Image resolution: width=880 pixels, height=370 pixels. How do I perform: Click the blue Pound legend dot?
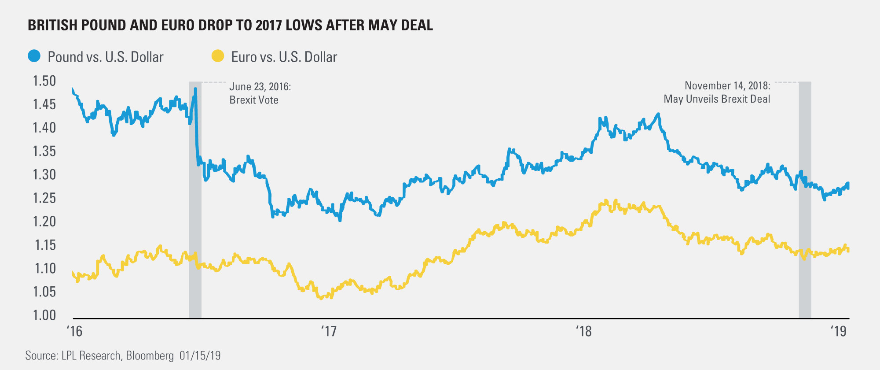click(34, 56)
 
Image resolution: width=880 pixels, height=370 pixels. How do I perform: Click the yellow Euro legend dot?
click(218, 56)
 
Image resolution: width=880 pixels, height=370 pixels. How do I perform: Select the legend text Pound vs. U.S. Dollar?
click(106, 57)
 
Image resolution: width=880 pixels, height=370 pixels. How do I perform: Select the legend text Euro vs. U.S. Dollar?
click(284, 57)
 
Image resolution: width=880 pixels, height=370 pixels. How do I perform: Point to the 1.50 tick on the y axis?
click(44, 81)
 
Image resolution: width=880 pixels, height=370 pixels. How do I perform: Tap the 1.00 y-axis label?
click(44, 315)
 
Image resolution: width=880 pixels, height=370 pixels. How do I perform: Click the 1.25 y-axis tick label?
click(44, 198)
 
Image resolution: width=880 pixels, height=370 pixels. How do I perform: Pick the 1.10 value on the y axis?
click(44, 268)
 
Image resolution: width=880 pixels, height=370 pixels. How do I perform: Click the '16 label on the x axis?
click(74, 331)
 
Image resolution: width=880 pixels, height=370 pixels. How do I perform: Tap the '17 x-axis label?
click(329, 331)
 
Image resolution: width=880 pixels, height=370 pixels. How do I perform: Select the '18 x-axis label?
click(584, 331)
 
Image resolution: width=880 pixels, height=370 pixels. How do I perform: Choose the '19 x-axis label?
click(838, 331)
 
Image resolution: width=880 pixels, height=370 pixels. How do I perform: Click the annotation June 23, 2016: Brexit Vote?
click(260, 93)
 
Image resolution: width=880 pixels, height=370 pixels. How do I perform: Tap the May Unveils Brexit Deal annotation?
click(717, 99)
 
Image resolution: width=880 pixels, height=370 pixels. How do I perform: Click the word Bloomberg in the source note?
click(150, 355)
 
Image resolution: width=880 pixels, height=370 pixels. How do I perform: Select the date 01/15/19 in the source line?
click(200, 355)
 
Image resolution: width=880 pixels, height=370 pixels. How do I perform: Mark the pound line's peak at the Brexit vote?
click(195, 89)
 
